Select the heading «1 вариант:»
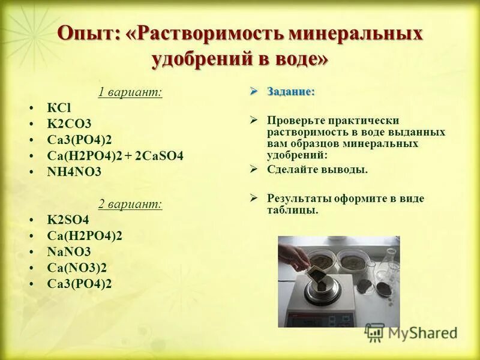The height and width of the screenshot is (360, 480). pyautogui.click(x=130, y=92)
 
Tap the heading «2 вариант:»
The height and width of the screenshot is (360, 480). pyautogui.click(x=130, y=204)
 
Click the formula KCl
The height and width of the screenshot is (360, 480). pyautogui.click(x=59, y=108)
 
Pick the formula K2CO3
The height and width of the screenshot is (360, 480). pyautogui.click(x=69, y=124)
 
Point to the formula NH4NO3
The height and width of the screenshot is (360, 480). pyautogui.click(x=74, y=172)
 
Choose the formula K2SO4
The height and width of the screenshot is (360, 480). pyautogui.click(x=68, y=220)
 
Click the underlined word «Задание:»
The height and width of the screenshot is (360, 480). pyautogui.click(x=291, y=92)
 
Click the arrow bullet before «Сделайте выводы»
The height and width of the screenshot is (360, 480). pyautogui.click(x=254, y=169)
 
